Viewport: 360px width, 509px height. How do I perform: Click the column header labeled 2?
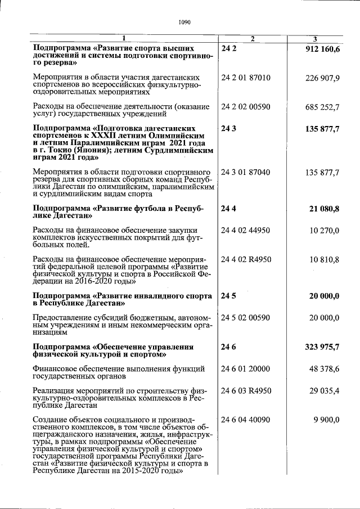click(x=253, y=39)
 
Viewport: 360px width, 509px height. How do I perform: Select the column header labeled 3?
click(x=315, y=39)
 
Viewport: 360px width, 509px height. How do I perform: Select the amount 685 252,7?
click(x=322, y=106)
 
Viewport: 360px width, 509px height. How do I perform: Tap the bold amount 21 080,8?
click(x=325, y=209)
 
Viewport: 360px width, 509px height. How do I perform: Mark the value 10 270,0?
click(x=325, y=230)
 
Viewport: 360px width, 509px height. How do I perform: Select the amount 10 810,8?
click(x=325, y=259)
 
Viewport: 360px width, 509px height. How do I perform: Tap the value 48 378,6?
click(x=325, y=368)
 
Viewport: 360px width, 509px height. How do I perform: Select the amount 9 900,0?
click(x=326, y=420)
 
